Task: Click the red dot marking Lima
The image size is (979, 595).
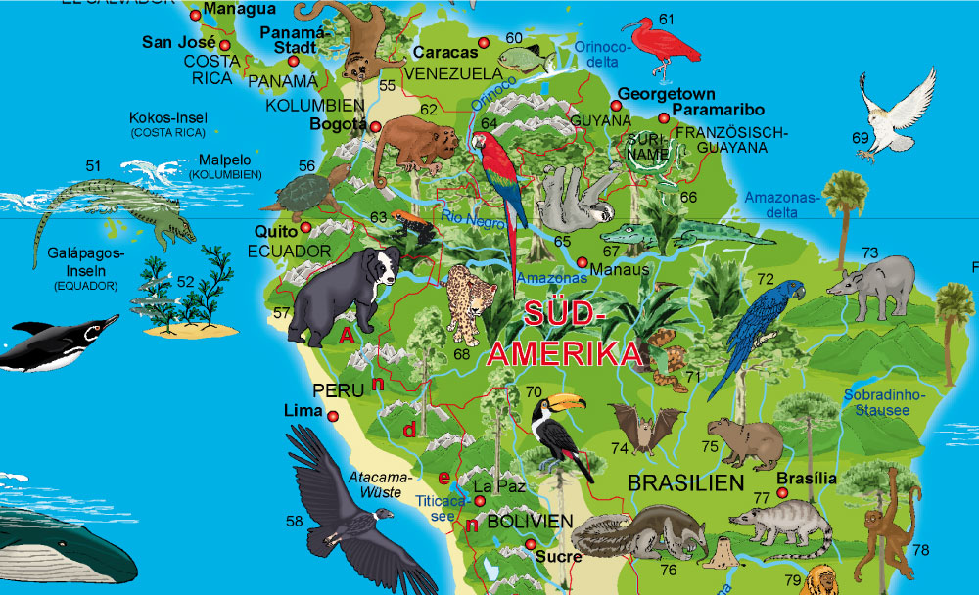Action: (333, 416)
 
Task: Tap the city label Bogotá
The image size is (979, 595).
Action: (337, 124)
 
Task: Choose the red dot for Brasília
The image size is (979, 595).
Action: (782, 493)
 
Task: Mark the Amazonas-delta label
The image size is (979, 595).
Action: (780, 204)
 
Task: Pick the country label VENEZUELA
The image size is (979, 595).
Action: (452, 73)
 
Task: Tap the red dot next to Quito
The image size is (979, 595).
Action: (305, 228)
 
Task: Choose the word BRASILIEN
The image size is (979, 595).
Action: (685, 483)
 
